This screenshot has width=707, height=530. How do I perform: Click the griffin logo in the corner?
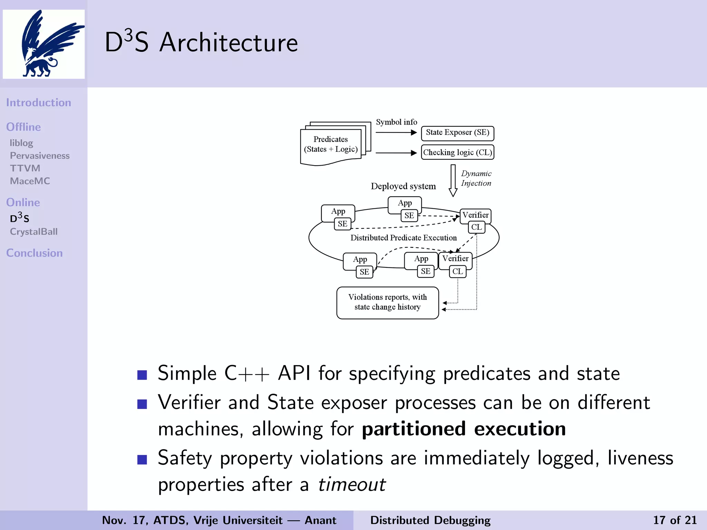coord(44,44)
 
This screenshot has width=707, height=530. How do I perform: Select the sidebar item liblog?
coord(21,143)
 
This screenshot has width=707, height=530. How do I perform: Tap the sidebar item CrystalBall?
coord(34,232)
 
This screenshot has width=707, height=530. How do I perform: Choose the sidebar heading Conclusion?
coord(35,253)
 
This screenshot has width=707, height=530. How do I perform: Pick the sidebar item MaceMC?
coord(30,181)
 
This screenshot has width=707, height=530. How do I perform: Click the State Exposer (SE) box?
coord(457,133)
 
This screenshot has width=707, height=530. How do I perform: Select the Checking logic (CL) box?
coord(457,152)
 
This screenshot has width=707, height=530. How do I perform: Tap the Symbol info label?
coord(396,122)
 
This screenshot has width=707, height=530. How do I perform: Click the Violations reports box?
coord(387,303)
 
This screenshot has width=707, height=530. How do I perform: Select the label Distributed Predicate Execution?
coord(404,238)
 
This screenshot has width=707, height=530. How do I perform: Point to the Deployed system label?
coord(403,186)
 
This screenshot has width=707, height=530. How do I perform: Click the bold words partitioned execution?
coord(464,429)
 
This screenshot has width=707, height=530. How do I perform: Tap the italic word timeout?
coord(351,484)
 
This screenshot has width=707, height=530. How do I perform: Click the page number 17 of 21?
coord(675,520)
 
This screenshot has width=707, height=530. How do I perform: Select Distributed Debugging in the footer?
coord(430,520)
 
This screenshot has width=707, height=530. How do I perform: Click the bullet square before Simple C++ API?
coord(142,375)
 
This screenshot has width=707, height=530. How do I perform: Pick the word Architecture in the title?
coord(229,43)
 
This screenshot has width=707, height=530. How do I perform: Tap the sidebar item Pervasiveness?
coord(40,156)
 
